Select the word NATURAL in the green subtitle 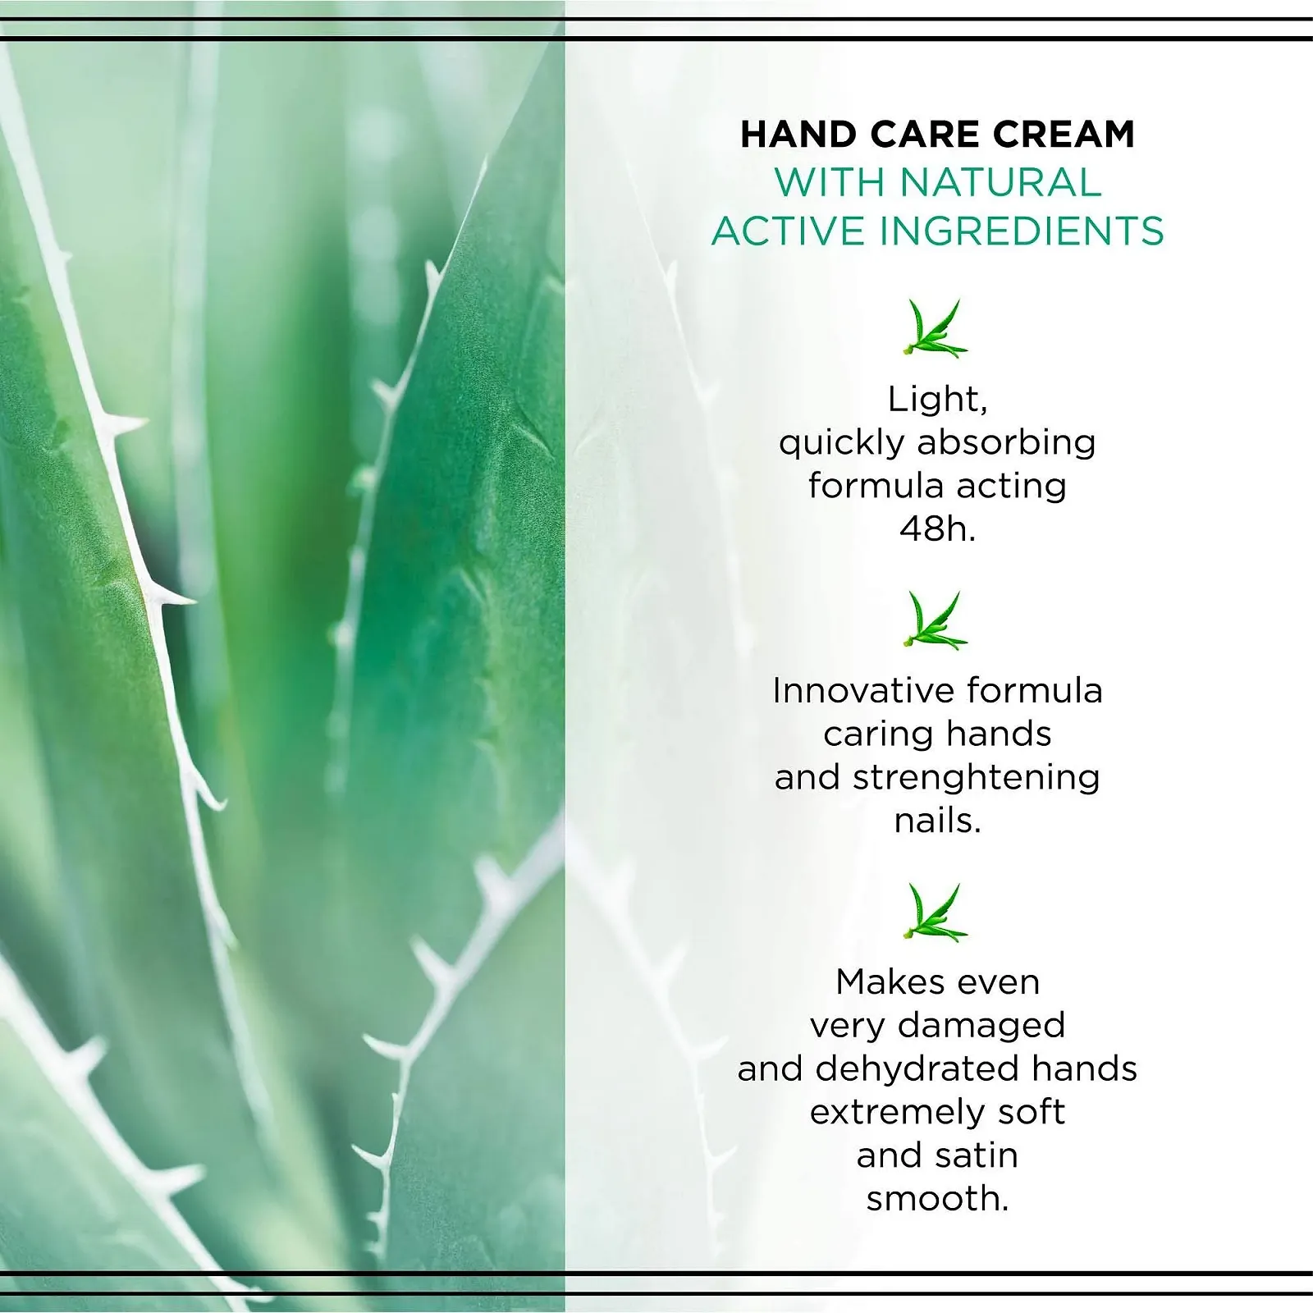pos(1000,182)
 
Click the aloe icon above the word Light pos(935,328)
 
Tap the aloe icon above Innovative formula pos(935,620)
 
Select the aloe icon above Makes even pos(935,912)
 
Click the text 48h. pos(937,529)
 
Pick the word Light pos(936,400)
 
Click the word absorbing pos(1006,443)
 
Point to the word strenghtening pos(976,777)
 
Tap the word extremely pos(897,1113)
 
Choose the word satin pos(977,1155)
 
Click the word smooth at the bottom pos(936,1199)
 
